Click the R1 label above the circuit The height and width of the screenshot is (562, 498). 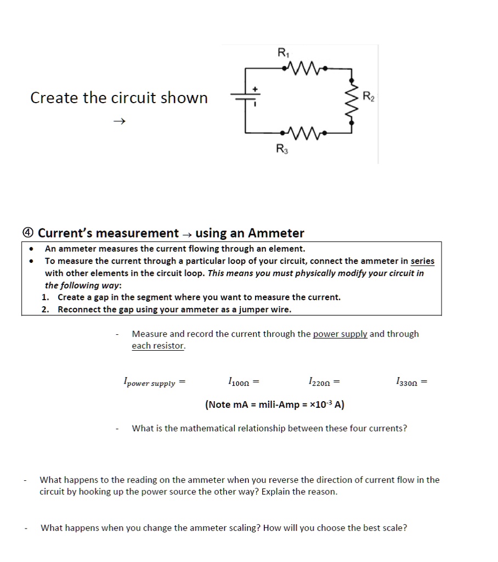[x=282, y=54]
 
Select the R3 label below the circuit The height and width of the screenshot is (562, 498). [x=280, y=148]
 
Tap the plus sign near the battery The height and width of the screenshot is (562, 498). [x=254, y=88]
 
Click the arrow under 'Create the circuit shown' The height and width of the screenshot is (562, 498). [x=120, y=121]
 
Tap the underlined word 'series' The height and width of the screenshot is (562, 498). [x=422, y=261]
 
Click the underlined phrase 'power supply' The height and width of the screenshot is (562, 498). [x=340, y=334]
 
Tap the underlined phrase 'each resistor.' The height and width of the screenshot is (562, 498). [x=159, y=346]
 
